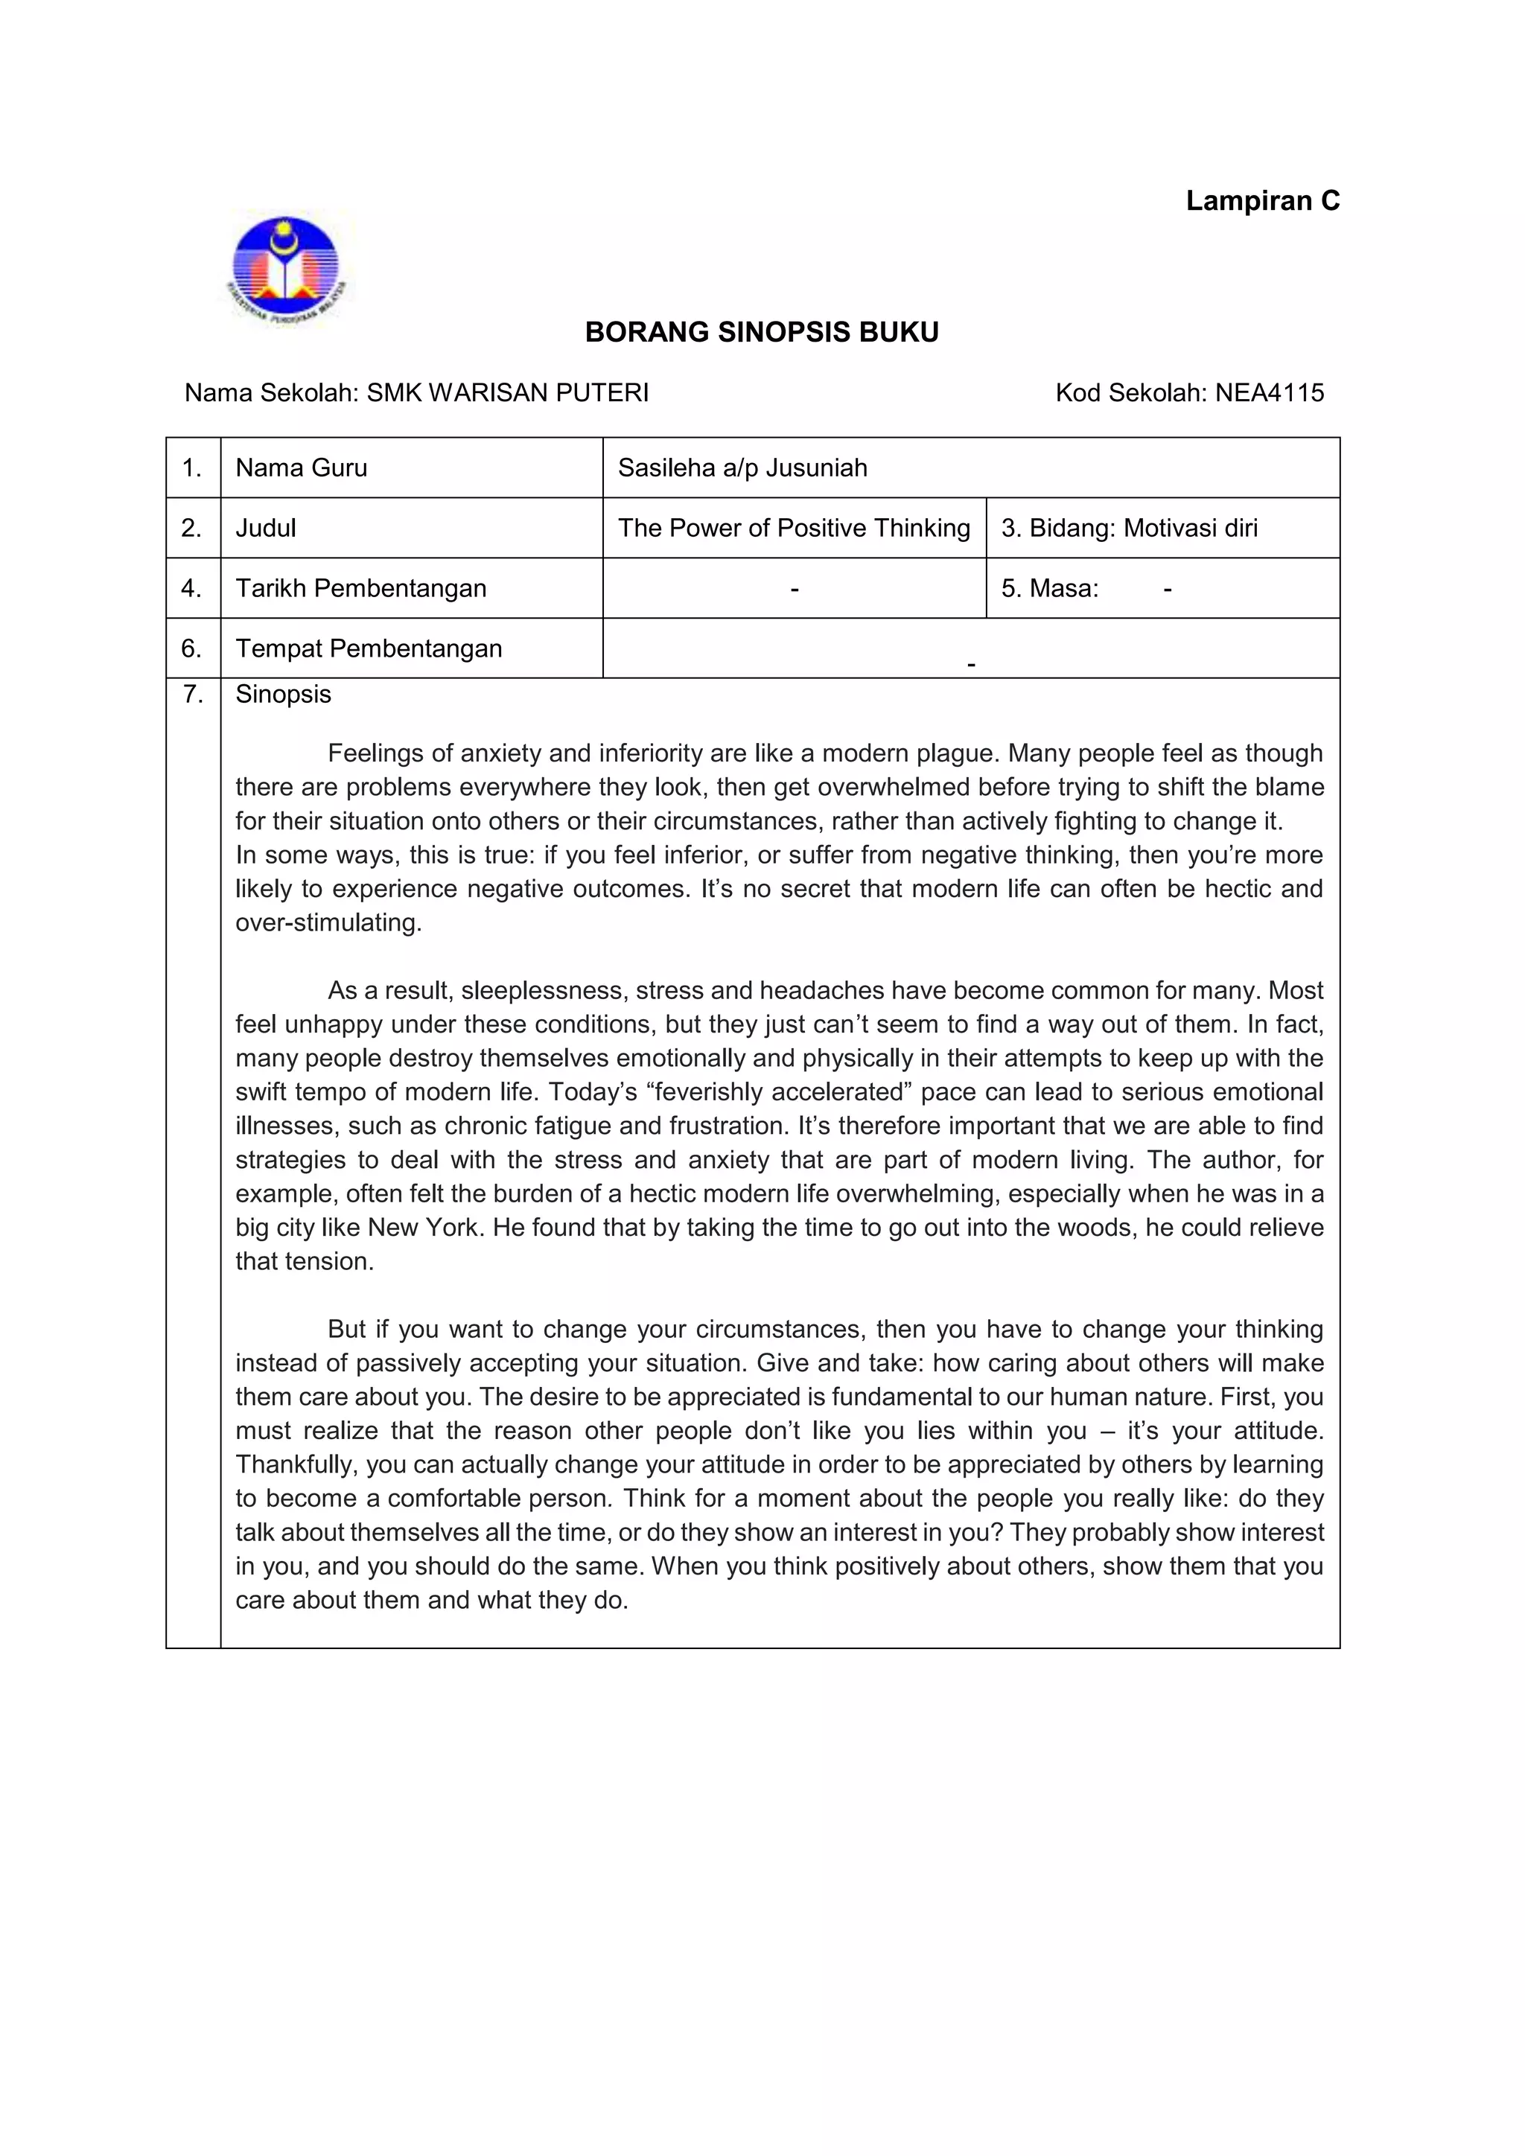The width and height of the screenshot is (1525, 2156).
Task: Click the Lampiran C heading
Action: coord(1262,201)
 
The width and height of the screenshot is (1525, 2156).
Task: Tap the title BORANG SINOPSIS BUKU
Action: coord(762,333)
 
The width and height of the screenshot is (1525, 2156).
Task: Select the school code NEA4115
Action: coord(1269,392)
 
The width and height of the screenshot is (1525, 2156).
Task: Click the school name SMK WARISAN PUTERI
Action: coord(507,392)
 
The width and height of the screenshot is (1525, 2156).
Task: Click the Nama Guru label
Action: coord(302,468)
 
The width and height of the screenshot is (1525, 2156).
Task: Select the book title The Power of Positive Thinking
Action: coord(794,528)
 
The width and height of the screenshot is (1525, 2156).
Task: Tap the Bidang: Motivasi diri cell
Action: coord(1129,528)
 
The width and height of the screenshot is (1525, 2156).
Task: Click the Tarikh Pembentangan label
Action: coord(360,588)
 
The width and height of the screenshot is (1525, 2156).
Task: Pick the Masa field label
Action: coord(1049,588)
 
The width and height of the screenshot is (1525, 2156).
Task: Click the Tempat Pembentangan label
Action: coord(368,648)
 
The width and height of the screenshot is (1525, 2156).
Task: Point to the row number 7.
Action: coord(193,694)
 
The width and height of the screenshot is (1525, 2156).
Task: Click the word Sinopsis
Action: coord(283,694)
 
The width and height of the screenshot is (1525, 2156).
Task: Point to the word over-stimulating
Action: coord(328,922)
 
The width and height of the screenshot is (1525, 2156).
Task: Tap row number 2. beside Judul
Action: coord(191,528)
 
